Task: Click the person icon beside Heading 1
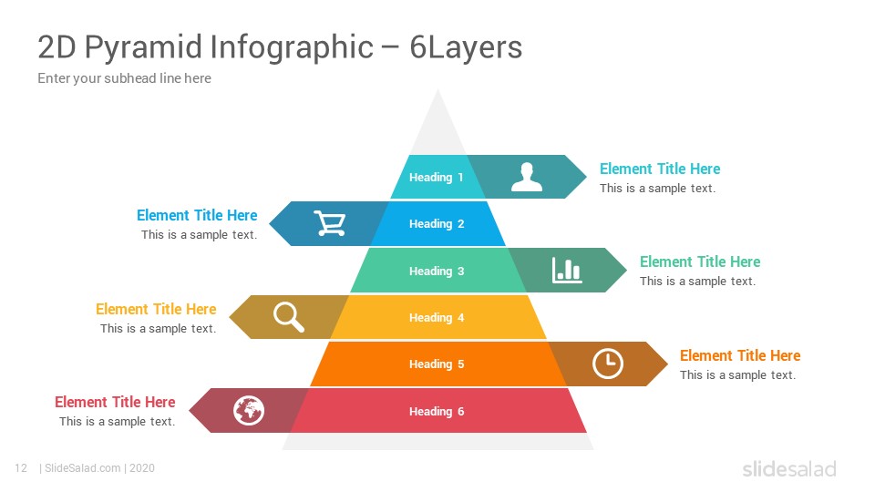pos(526,178)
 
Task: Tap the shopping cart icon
pos(330,223)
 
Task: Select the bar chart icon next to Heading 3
pos(567,270)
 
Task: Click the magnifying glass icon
pos(289,317)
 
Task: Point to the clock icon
pos(608,364)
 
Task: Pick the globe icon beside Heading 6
pos(249,411)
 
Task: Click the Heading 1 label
pos(437,178)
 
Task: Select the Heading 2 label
pos(437,224)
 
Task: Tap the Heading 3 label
pos(437,272)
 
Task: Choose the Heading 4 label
pos(437,317)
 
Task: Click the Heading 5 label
pos(437,364)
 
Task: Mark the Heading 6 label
pos(437,411)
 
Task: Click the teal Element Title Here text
pos(660,169)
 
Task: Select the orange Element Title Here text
pos(740,355)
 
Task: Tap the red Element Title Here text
pos(115,402)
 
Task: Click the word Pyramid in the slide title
pos(143,47)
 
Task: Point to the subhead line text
pos(125,78)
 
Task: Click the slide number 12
pos(21,468)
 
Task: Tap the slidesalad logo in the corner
pos(789,468)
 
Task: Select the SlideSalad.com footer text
pos(82,468)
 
